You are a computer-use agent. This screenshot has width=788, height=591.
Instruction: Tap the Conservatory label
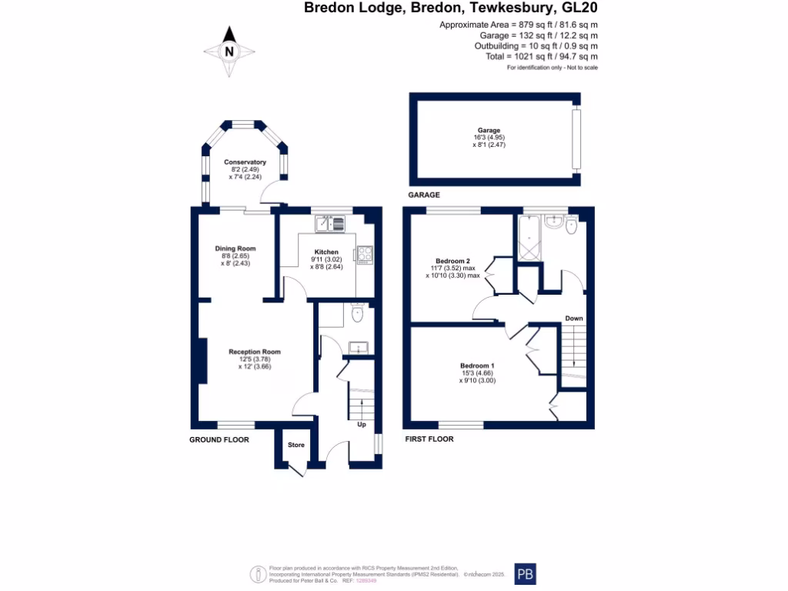click(245, 162)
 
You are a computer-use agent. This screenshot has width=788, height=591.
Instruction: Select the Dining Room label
click(235, 249)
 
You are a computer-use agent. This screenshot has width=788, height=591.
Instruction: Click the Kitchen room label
click(326, 252)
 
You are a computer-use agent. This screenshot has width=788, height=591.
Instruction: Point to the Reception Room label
click(255, 352)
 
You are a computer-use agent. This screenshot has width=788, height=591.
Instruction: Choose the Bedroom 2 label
click(452, 261)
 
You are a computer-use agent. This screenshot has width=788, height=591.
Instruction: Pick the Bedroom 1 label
click(477, 366)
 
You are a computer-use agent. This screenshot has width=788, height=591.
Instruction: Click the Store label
click(296, 445)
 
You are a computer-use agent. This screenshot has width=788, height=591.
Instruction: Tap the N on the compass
click(229, 52)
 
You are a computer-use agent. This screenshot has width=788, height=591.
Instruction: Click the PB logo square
click(525, 574)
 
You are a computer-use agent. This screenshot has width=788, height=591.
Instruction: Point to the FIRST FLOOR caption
click(429, 439)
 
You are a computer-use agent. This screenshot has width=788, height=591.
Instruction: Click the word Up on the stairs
click(361, 424)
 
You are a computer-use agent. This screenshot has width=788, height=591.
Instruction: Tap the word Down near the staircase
click(574, 318)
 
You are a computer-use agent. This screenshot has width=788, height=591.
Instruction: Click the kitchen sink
click(333, 224)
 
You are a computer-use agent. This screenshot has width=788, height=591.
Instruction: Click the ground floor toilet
click(356, 313)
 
